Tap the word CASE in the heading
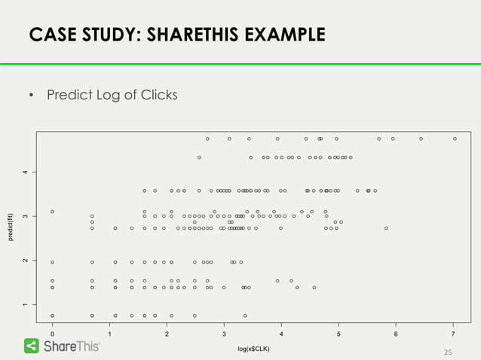pos(51,35)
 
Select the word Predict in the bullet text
pos(69,95)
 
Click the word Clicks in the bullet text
pos(157,95)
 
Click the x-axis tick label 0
pos(52,334)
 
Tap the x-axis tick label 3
pos(224,334)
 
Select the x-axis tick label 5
pos(339,334)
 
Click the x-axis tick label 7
pos(453,334)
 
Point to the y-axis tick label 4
pos(25,172)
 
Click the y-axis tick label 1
pos(25,304)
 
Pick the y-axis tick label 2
pos(25,261)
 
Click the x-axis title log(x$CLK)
pos(253,349)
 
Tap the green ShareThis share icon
pos(32,346)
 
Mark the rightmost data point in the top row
pos(455,139)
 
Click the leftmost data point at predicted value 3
pos(52,212)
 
